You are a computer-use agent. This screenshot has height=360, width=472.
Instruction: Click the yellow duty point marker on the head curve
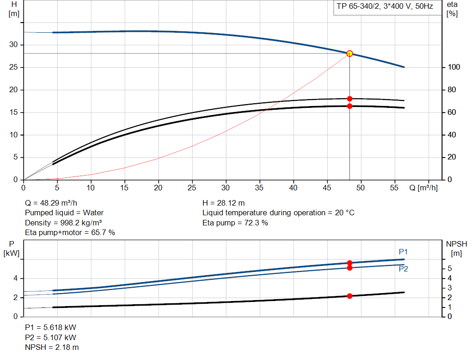click(349, 53)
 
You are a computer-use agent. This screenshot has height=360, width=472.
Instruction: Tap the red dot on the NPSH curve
click(349, 296)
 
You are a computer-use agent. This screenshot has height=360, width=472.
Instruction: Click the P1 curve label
click(403, 252)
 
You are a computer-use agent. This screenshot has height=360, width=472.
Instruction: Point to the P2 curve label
click(403, 269)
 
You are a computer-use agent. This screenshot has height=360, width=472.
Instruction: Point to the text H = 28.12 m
click(224, 203)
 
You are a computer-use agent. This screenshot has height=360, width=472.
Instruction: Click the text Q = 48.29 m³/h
click(51, 203)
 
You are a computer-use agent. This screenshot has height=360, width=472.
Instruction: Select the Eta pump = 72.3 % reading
click(235, 223)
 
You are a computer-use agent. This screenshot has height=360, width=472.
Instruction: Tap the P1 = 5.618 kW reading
click(51, 327)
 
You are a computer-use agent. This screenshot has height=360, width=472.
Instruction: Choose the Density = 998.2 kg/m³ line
click(63, 223)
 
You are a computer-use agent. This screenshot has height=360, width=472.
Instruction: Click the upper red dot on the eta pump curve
click(349, 99)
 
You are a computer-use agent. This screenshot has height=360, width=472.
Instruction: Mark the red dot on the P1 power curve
click(349, 263)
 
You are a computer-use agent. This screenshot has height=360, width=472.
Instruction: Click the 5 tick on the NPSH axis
click(449, 269)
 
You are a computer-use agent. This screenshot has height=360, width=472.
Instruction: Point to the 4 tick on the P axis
click(15, 278)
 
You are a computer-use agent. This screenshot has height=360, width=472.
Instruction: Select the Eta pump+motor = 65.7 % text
click(70, 233)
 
